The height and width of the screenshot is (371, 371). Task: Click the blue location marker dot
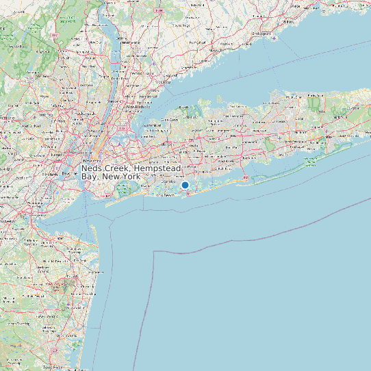185,185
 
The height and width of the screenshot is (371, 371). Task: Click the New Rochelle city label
138,106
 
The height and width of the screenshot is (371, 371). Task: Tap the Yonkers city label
122,95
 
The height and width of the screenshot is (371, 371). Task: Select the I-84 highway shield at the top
159,10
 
